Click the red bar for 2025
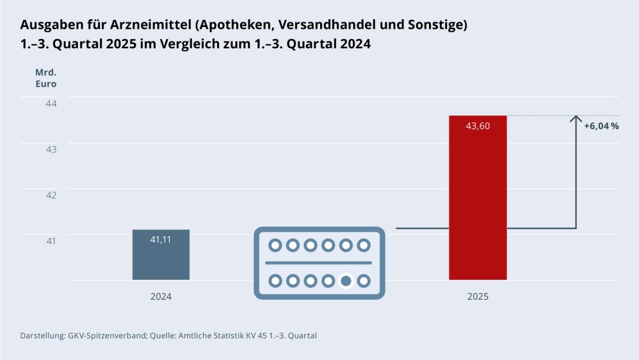coord(478,205)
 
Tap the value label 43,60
coord(478,126)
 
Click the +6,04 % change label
coord(601,126)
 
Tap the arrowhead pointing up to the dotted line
coord(576,120)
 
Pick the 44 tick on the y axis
coord(51,103)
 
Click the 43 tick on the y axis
coord(51,149)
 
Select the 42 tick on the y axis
coord(51,195)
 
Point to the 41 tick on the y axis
coord(51,240)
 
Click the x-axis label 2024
coord(161,297)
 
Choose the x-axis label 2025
coord(478,297)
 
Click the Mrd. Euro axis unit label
coord(45,78)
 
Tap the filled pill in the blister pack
coord(346,281)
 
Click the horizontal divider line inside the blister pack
coord(319,263)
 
